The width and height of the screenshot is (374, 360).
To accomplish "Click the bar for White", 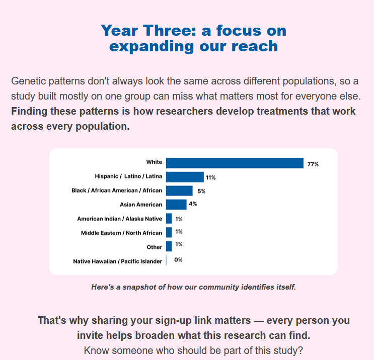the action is pos(235,163).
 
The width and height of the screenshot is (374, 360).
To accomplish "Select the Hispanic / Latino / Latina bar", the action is pos(185,177).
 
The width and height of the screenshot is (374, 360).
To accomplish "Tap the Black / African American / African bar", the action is pos(179,191).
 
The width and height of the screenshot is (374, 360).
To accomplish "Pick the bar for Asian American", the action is pos(176,205).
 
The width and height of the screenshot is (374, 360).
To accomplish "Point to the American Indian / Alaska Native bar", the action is pos(169,219).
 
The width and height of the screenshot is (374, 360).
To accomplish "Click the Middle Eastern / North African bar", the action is pos(169,232).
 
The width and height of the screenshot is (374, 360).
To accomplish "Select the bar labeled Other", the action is pos(169,246).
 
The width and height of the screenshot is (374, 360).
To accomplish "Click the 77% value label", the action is pos(313,164).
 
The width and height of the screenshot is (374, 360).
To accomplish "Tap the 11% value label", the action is pos(210,177).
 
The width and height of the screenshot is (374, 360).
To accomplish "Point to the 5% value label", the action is pos(201,191).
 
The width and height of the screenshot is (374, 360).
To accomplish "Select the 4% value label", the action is pos(193,204).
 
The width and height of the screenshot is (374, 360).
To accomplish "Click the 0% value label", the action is pos(178,260).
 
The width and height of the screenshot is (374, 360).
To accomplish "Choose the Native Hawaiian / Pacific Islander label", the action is pos(118,261).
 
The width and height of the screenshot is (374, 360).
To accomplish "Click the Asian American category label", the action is pos(141,205).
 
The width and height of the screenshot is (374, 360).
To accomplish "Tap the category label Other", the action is pos(155,247).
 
